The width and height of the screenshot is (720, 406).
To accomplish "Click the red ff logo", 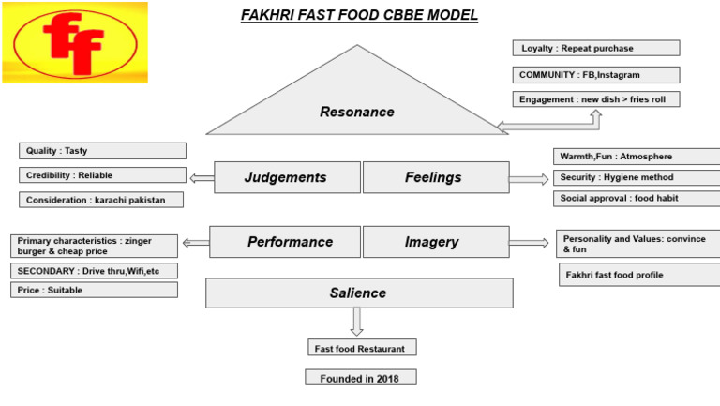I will (74, 41).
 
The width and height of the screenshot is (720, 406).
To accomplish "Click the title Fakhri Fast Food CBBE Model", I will (360, 15).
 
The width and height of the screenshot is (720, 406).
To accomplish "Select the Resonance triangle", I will (357, 112).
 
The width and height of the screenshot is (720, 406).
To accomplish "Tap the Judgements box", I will (286, 177).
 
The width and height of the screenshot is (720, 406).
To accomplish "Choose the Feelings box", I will (433, 177).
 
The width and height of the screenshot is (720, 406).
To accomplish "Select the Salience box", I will (358, 293).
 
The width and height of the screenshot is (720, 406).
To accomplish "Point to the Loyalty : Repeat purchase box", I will (595, 48).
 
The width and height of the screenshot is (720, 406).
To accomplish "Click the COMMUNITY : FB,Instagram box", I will (595, 74).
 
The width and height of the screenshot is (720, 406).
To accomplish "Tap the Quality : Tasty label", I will (102, 151).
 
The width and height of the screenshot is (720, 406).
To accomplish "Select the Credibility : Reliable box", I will (102, 175).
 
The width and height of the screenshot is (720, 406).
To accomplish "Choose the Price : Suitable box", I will (94, 291).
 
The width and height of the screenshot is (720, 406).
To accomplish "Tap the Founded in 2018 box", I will (360, 378).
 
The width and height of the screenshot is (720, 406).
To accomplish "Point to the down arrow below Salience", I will (355, 322).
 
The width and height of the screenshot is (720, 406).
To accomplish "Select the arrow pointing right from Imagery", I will (530, 243).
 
